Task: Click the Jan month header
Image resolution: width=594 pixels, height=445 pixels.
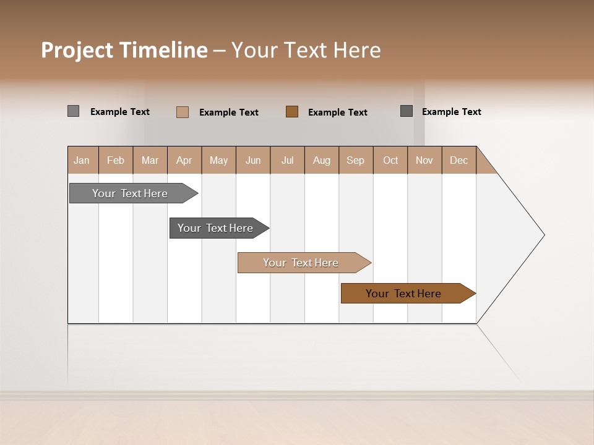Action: pyautogui.click(x=82, y=160)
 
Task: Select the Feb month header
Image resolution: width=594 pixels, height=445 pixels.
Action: pyautogui.click(x=116, y=160)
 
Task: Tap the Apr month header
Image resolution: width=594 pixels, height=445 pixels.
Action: pyautogui.click(x=184, y=160)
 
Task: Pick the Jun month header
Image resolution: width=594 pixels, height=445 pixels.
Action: pyautogui.click(x=253, y=160)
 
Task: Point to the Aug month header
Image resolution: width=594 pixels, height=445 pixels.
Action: pyautogui.click(x=322, y=160)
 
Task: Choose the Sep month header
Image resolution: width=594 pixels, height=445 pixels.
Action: pyautogui.click(x=356, y=160)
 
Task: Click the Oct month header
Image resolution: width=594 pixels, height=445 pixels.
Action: pyautogui.click(x=390, y=160)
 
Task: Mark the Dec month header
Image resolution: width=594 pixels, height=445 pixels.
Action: pyautogui.click(x=459, y=160)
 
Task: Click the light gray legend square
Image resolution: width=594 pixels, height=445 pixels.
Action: pyautogui.click(x=74, y=111)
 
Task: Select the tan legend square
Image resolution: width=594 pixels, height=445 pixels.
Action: pyautogui.click(x=183, y=112)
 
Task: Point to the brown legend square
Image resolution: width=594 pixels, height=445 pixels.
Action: pyautogui.click(x=292, y=112)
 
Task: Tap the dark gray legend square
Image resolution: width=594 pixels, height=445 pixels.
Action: pyautogui.click(x=407, y=111)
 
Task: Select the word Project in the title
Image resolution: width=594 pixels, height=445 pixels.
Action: pyautogui.click(x=77, y=50)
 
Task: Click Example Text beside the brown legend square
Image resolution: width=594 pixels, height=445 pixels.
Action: pyautogui.click(x=338, y=112)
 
